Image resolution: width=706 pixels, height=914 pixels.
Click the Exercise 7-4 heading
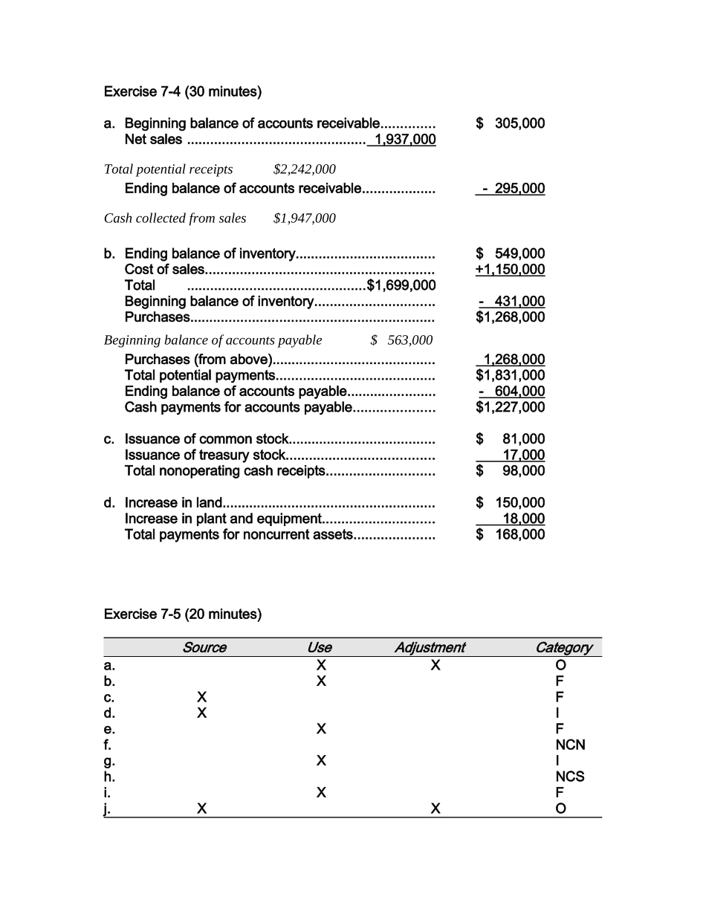coord(182,92)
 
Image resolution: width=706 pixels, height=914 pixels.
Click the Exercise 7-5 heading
coord(182,615)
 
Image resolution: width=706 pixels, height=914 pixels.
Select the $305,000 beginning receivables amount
coord(511,123)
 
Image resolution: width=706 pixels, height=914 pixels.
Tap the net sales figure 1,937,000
coord(405,140)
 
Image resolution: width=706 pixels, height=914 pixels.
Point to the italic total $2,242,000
coord(305,169)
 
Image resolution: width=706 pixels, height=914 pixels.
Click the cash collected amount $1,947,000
coord(305,218)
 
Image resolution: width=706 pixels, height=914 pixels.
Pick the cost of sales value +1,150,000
coord(510,269)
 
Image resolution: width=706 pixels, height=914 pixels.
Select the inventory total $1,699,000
coord(401,285)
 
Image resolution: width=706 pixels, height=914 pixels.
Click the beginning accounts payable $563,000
coord(402,340)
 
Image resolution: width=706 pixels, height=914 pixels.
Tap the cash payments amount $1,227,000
coord(511,407)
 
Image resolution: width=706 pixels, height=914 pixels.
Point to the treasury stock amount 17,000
coord(524,455)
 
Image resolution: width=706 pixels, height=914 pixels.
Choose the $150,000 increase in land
coord(511,502)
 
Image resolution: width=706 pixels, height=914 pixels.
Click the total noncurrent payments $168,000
coord(511,534)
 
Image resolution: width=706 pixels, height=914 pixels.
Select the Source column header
coord(204,647)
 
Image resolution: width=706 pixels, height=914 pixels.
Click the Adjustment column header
coord(430,647)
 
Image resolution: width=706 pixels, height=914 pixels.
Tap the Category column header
coord(563,647)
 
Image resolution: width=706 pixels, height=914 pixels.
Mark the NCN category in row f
coord(570,745)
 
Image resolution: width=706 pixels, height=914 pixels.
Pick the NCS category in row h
coord(570,777)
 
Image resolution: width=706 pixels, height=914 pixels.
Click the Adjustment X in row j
coord(435,808)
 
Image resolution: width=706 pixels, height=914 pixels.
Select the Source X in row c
coord(201,697)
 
